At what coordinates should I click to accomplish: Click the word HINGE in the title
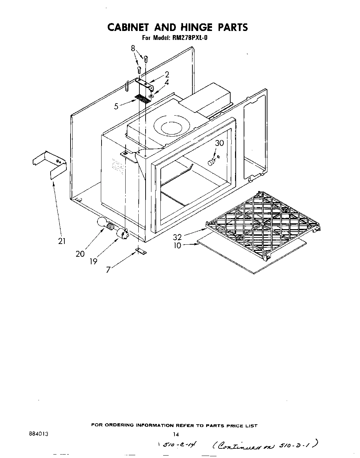(x=194, y=27)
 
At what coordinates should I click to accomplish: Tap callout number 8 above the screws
(x=134, y=49)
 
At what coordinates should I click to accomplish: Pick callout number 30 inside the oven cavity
(x=219, y=143)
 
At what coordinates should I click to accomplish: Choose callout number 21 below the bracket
(x=62, y=241)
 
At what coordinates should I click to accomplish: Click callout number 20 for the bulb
(x=80, y=254)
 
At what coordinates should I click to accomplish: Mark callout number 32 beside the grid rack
(x=177, y=237)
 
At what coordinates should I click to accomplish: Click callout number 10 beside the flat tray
(x=177, y=246)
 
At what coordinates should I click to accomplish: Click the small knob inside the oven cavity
(x=211, y=162)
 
